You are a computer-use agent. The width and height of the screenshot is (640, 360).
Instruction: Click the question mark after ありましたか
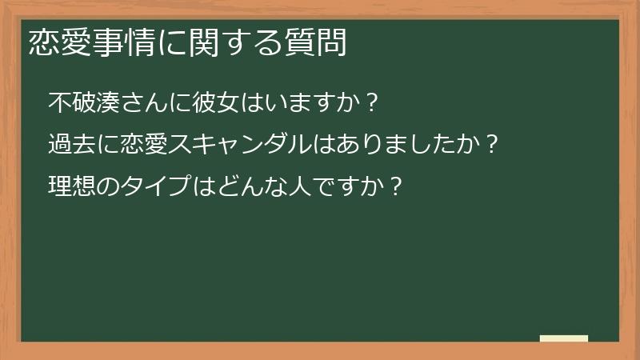pyautogui.click(x=493, y=145)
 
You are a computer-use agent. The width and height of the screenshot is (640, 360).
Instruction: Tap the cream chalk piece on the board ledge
pyautogui.click(x=563, y=338)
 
